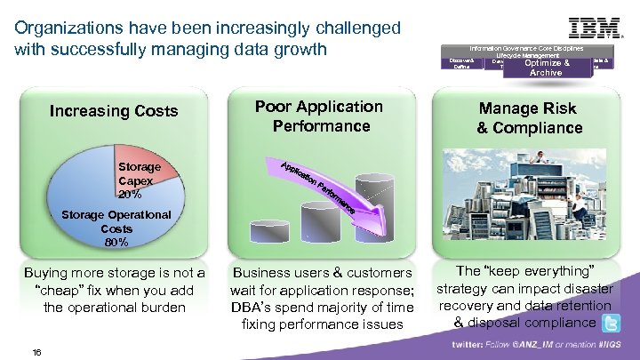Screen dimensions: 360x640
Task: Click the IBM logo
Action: tap(595, 27)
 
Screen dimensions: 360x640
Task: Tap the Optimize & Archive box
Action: tap(546, 68)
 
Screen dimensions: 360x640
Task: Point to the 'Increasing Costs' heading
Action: tap(114, 111)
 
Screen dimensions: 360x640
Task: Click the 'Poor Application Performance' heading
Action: tap(319, 116)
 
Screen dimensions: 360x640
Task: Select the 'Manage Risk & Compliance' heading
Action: tap(528, 118)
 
